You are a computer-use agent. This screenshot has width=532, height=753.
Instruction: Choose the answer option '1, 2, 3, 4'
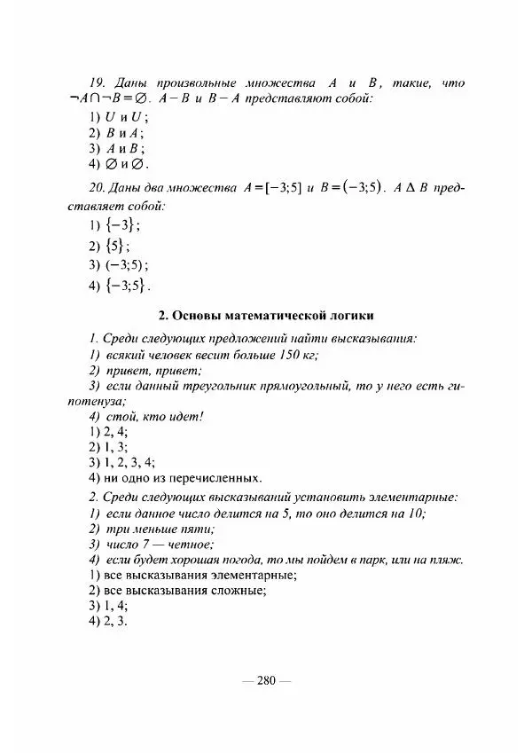pos(121,461)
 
